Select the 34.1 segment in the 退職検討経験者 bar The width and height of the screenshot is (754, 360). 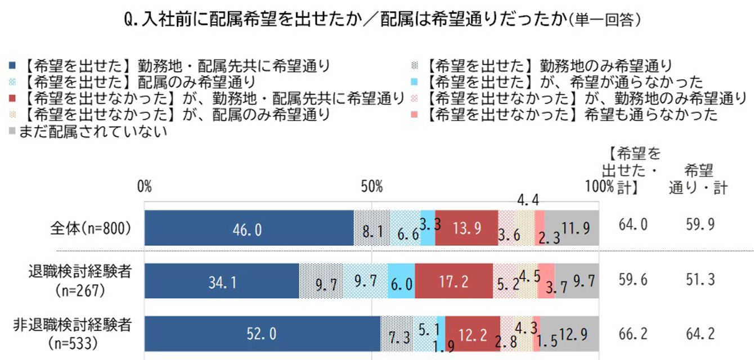221,281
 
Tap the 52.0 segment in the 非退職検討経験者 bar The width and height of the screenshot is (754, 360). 262,334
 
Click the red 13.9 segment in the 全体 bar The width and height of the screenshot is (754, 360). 466,228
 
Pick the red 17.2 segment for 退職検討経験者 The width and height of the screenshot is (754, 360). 454,281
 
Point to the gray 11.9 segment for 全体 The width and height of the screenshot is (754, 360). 572,228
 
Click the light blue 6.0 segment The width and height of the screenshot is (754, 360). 401,281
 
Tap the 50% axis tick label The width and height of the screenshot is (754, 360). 371,186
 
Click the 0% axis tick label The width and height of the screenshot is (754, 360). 145,186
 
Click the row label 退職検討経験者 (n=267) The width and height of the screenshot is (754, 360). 80,281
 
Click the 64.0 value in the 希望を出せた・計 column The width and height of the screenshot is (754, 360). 632,225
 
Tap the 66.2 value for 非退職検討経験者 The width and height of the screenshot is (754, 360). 632,334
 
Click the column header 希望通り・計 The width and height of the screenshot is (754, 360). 698,178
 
